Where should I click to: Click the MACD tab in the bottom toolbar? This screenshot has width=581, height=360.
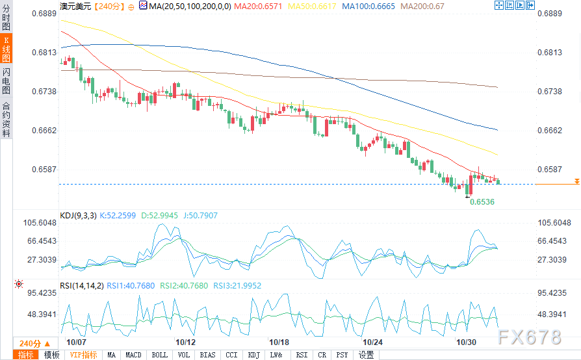[133, 355]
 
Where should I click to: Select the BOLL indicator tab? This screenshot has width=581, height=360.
[160, 355]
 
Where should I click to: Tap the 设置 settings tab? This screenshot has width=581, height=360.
[367, 355]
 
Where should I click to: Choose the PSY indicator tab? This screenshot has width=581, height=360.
[342, 355]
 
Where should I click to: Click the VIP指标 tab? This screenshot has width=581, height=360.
[83, 355]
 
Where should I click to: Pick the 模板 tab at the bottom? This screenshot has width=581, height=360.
[51, 355]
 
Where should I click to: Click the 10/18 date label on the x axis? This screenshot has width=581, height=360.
[280, 342]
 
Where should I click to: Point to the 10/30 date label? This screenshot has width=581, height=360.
[467, 342]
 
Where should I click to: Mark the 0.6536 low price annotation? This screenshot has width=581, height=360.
[482, 202]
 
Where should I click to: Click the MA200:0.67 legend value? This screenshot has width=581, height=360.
[422, 6]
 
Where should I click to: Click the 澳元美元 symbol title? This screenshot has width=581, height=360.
[75, 6]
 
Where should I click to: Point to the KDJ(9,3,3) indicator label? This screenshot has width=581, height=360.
[77, 215]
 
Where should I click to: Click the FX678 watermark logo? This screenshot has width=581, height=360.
[529, 337]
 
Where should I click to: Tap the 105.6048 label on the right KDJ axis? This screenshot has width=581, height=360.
[554, 223]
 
